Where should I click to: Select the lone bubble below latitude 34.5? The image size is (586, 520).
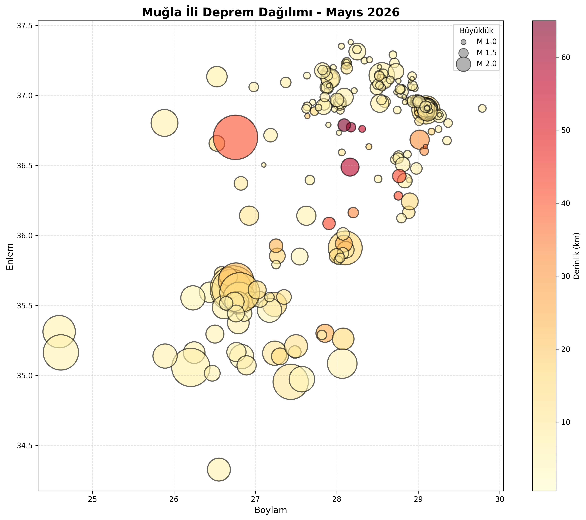pyautogui.click(x=219, y=470)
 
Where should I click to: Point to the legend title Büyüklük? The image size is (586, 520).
pyautogui.click(x=476, y=31)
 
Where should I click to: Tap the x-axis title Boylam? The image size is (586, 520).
pyautogui.click(x=271, y=510)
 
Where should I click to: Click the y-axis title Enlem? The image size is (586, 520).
pyautogui.click(x=10, y=256)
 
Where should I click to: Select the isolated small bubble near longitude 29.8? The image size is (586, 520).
pyautogui.click(x=482, y=108)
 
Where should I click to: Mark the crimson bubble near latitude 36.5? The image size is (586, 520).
pyautogui.click(x=350, y=167)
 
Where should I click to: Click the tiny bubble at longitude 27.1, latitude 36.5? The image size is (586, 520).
pyautogui.click(x=264, y=165)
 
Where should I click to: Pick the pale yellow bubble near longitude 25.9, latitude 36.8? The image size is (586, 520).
pyautogui.click(x=164, y=123)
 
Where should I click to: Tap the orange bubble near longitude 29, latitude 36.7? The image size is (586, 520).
pyautogui.click(x=419, y=140)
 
